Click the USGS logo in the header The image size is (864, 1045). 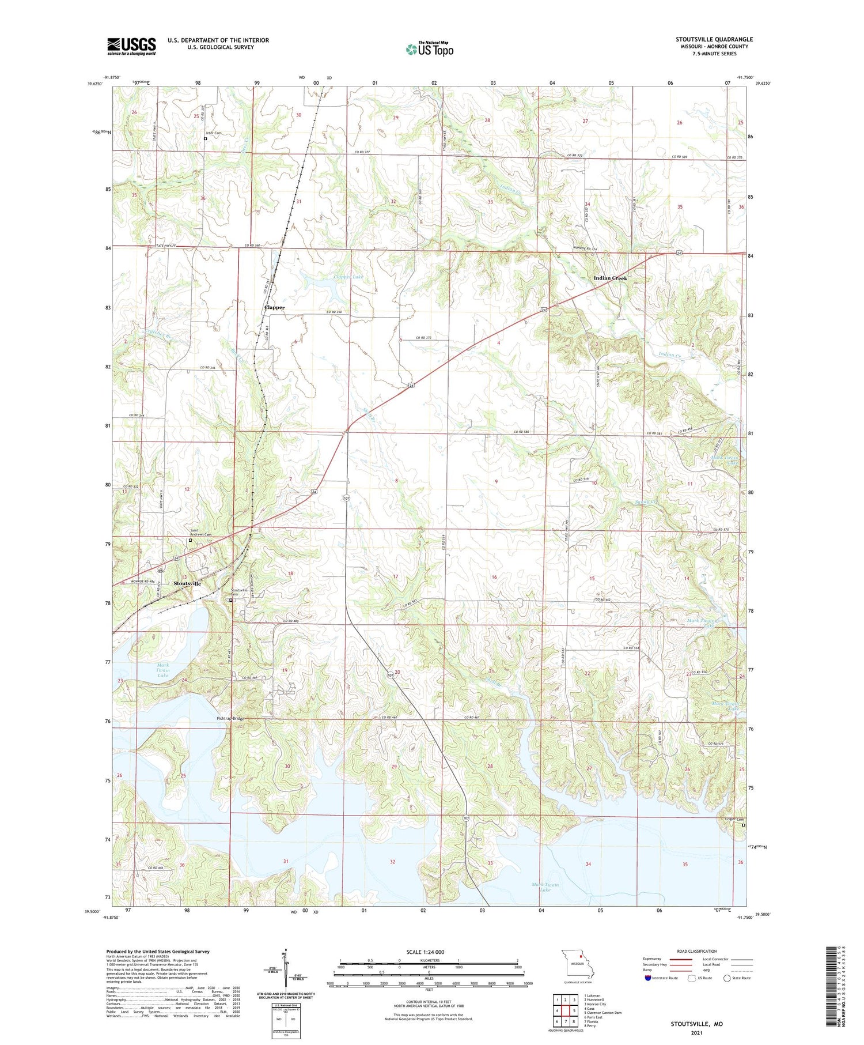tap(131, 46)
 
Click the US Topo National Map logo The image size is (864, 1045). tap(429, 49)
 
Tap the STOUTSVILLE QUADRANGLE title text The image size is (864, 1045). tap(714, 39)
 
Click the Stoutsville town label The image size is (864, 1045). tap(187, 583)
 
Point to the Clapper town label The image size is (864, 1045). tap(274, 307)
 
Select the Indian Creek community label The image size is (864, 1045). tap(610, 278)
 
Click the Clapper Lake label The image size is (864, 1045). tap(348, 277)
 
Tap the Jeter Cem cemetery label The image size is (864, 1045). tap(213, 133)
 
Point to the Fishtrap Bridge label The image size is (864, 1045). tap(230, 718)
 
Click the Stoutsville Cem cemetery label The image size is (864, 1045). tap(239, 592)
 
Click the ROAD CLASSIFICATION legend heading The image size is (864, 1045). tap(697, 951)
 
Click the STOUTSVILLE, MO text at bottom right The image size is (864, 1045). tap(696, 1024)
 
